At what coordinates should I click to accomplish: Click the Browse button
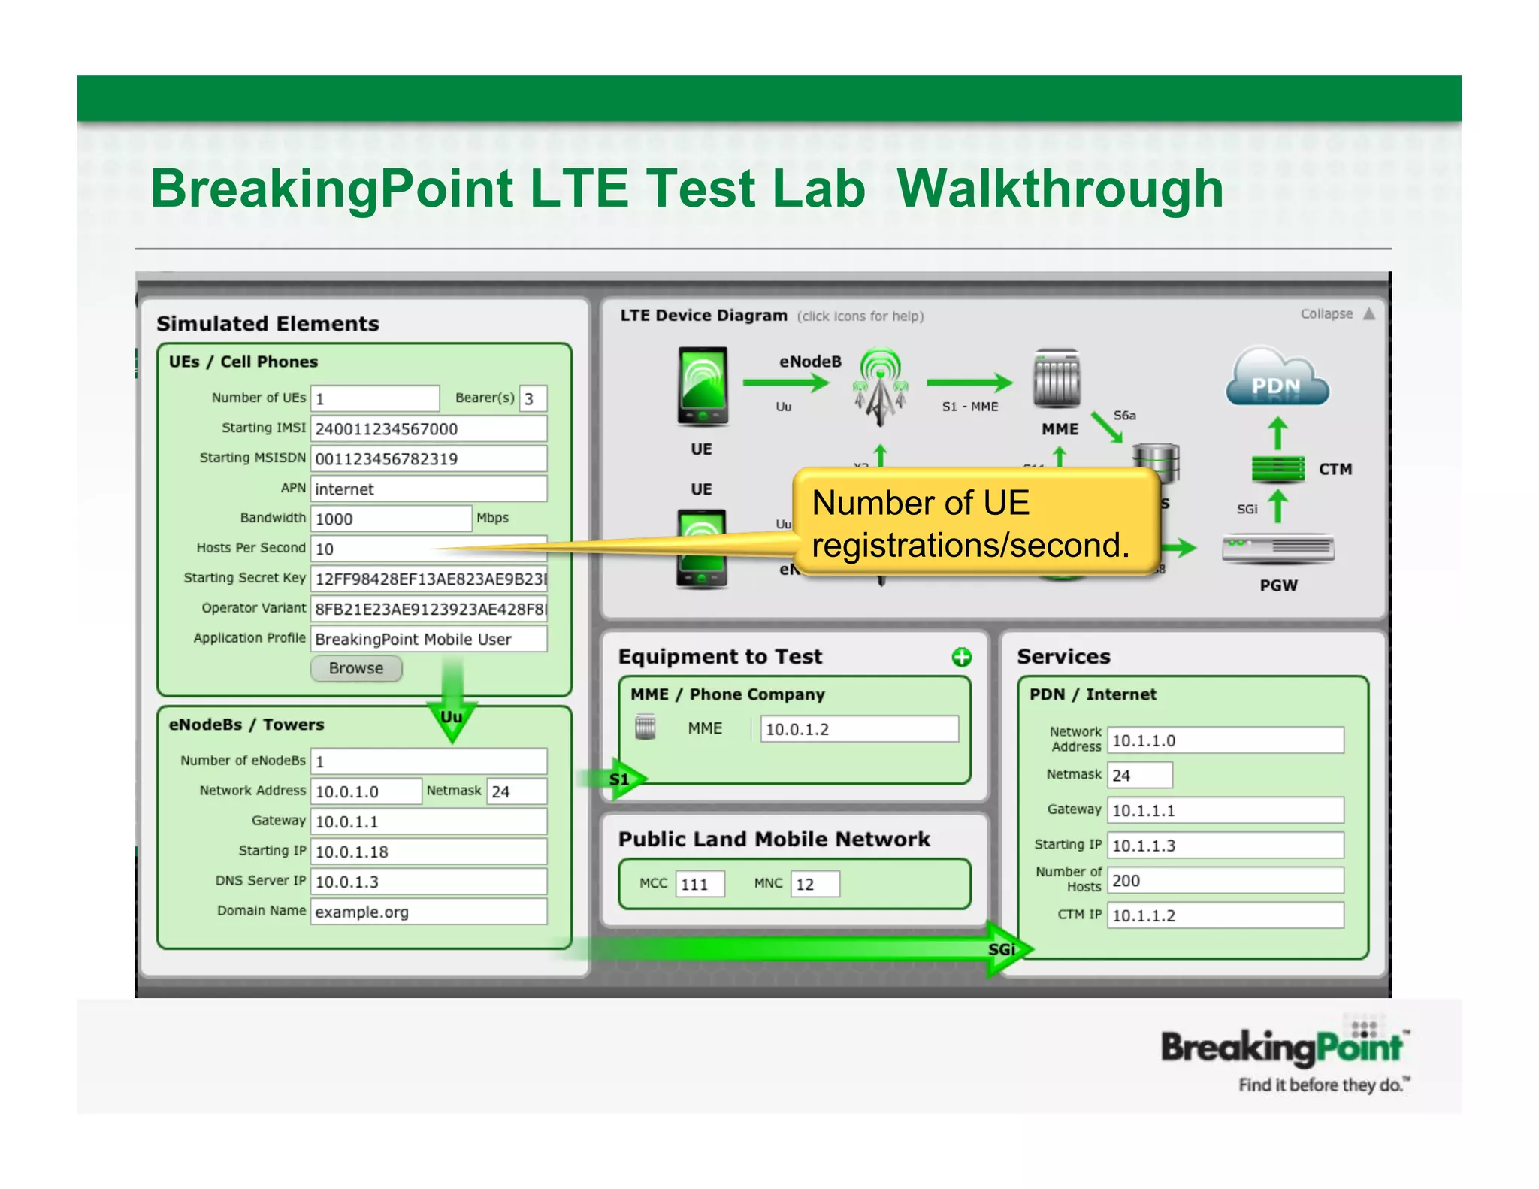point(356,668)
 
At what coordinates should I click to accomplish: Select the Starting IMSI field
point(428,428)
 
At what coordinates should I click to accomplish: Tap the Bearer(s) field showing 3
point(533,398)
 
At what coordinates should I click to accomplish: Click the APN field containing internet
point(428,489)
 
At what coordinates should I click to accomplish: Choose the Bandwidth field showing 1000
point(391,519)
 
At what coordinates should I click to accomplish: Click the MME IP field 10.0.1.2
point(858,729)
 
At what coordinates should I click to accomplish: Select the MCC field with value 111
point(700,884)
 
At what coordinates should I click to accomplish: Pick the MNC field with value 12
point(815,884)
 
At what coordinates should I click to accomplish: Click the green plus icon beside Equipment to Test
point(961,658)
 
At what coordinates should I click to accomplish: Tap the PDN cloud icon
point(1277,378)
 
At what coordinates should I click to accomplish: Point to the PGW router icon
point(1277,549)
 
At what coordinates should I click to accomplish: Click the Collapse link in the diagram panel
point(1327,314)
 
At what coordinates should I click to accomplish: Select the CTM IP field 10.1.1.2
point(1225,915)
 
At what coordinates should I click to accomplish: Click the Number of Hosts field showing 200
point(1225,880)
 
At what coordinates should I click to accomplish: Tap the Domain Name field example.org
point(428,912)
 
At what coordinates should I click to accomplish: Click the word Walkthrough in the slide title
point(1060,188)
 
